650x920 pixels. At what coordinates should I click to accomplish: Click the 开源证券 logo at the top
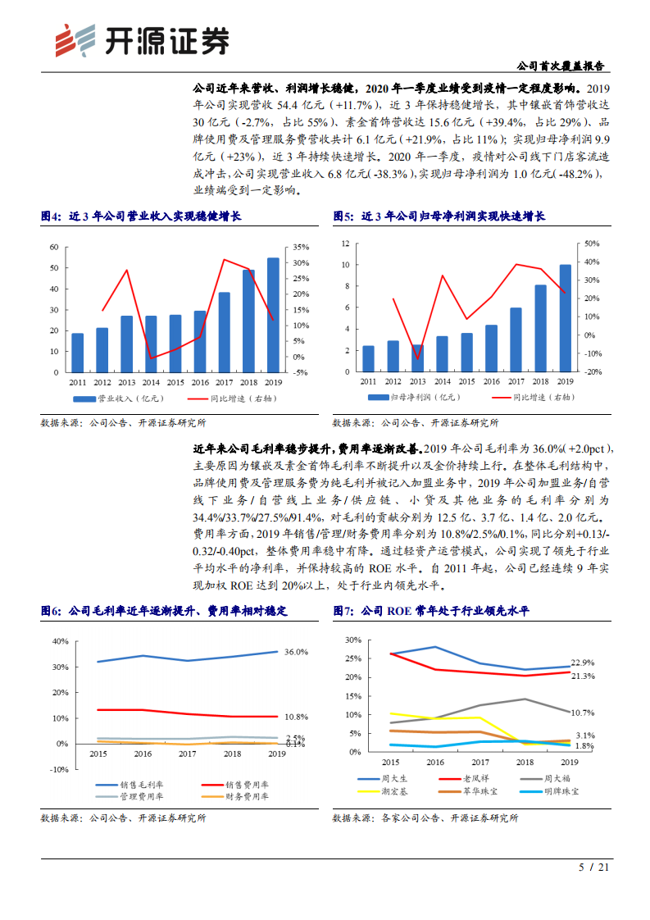(140, 39)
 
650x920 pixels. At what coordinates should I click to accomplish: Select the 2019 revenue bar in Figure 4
(273, 315)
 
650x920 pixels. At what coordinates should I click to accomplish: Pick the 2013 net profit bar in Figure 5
(418, 358)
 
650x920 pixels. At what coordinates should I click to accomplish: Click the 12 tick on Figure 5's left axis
(345, 244)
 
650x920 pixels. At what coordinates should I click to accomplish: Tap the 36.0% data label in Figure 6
(296, 652)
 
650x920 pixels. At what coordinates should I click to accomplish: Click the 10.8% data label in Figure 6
(296, 717)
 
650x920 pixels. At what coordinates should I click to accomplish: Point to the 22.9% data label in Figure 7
(583, 662)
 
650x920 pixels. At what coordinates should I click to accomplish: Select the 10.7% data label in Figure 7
(583, 713)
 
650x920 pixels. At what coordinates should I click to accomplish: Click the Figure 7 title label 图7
(342, 611)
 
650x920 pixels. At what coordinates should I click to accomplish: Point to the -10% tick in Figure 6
(59, 770)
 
